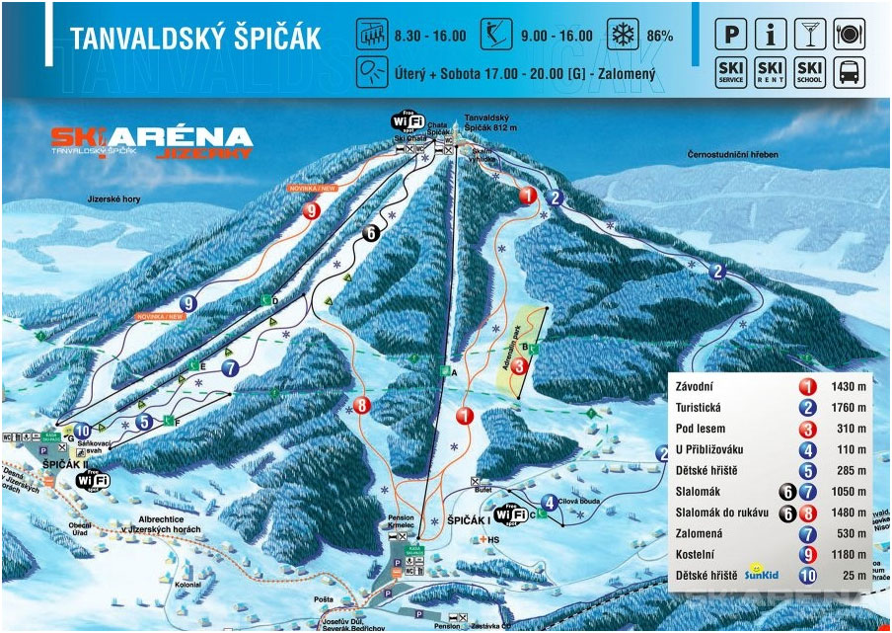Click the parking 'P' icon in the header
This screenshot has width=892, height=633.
click(x=730, y=35)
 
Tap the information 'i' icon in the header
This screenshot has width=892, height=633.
click(x=770, y=35)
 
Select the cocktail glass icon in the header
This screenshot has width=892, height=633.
click(x=809, y=35)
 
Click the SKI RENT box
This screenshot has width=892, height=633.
click(x=770, y=72)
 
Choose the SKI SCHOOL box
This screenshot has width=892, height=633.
click(x=809, y=72)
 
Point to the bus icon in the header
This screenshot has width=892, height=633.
click(x=849, y=72)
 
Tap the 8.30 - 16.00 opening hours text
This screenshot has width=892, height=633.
click(x=429, y=36)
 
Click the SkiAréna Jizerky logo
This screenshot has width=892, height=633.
click(x=151, y=141)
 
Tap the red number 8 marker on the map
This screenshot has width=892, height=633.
click(x=362, y=405)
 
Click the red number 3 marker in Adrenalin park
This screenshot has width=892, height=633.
click(x=520, y=365)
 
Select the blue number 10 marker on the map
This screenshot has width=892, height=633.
click(x=83, y=431)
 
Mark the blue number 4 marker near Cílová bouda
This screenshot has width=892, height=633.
click(x=549, y=501)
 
